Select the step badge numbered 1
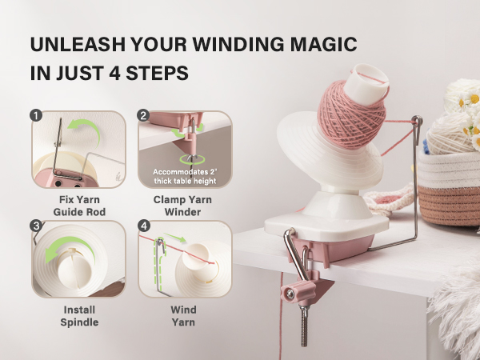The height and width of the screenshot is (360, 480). [35, 115]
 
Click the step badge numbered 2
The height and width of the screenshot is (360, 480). [144, 115]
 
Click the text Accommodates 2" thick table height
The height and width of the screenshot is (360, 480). [186, 176]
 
